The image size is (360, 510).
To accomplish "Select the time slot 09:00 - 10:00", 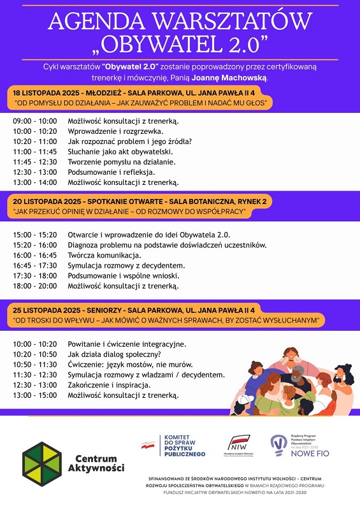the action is [x=34, y=120].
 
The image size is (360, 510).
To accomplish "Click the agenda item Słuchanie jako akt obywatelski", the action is [x=120, y=152].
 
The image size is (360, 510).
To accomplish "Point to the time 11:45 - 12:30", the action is [x=34, y=162].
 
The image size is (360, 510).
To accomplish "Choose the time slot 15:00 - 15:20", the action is [x=34, y=235].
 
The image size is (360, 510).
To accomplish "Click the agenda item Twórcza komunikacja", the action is [x=104, y=255].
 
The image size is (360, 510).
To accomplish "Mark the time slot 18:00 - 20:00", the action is [x=34, y=286].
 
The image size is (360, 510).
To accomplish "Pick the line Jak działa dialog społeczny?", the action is [x=114, y=354].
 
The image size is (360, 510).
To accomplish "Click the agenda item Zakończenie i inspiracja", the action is [x=109, y=385].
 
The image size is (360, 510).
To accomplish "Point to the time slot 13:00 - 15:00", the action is [x=34, y=395].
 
